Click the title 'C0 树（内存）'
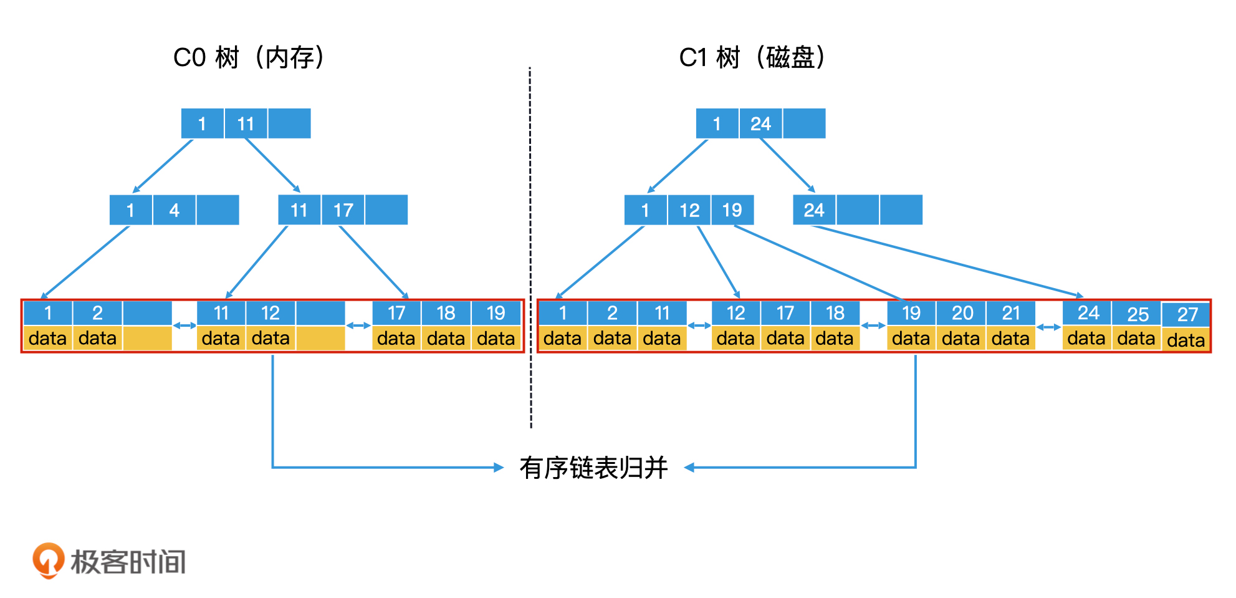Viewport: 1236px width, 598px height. click(x=249, y=57)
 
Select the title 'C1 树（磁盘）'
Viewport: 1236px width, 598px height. click(x=752, y=57)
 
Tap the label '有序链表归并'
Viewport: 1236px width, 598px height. click(x=593, y=468)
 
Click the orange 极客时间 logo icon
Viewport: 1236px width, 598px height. click(x=48, y=560)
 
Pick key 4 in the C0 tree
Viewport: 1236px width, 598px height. click(x=175, y=210)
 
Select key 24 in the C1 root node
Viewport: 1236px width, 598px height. click(x=760, y=124)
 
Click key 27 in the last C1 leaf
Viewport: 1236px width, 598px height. click(x=1187, y=314)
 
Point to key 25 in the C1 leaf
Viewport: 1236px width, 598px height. click(x=1138, y=314)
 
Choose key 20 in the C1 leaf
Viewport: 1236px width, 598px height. click(x=962, y=313)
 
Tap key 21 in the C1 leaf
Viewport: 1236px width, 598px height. click(x=1011, y=313)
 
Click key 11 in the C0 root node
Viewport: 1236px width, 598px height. click(x=246, y=124)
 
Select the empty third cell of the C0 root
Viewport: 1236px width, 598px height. click(x=289, y=124)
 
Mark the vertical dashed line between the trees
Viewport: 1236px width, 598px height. click(x=530, y=249)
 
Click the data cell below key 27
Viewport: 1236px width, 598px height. click(x=1186, y=340)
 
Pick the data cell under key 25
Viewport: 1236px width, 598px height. click(x=1136, y=339)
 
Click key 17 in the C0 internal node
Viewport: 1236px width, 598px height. click(x=343, y=210)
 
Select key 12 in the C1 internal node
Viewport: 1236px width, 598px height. click(x=689, y=210)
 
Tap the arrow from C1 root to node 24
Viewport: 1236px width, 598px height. click(x=787, y=165)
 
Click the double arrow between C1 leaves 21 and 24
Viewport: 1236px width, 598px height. click(x=1049, y=327)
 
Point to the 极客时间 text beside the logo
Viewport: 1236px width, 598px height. click(x=128, y=562)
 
